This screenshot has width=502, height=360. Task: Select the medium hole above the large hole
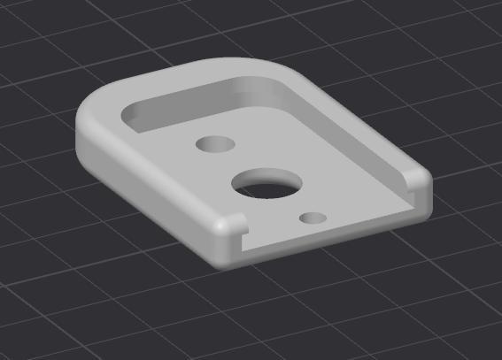pyautogui.click(x=213, y=142)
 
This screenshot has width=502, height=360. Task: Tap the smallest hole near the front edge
pyautogui.click(x=311, y=218)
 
